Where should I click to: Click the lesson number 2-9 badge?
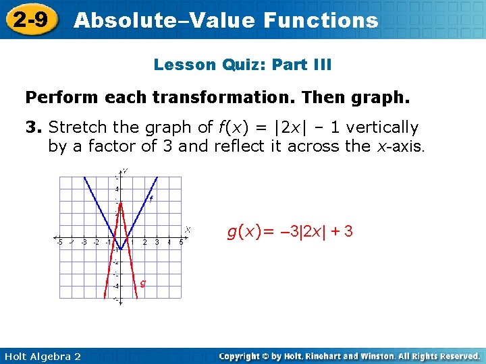(x=31, y=20)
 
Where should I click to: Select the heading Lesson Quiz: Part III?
(x=242, y=65)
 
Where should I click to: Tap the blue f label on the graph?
(x=151, y=198)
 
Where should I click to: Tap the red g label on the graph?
(x=142, y=282)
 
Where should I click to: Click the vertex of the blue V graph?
(x=120, y=249)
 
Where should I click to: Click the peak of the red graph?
(x=120, y=203)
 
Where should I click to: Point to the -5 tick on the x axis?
(x=59, y=242)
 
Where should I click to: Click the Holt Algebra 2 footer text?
(x=41, y=356)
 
